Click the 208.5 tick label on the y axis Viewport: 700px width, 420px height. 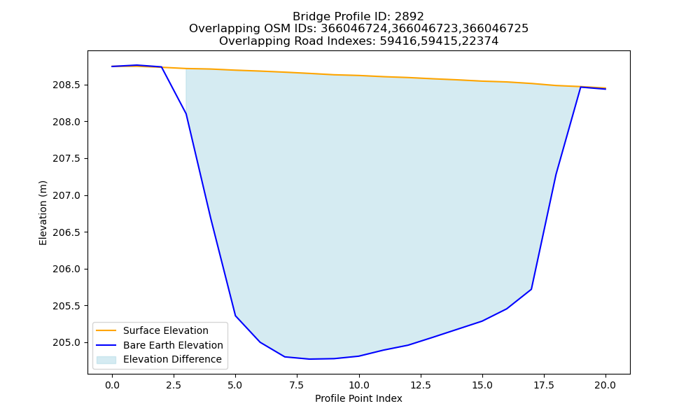[x=67, y=85]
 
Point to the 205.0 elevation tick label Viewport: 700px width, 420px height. [x=67, y=342]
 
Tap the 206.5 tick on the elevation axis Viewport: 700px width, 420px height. [x=67, y=232]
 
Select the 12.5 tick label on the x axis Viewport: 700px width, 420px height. [x=421, y=385]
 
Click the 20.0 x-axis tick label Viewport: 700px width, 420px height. [x=605, y=385]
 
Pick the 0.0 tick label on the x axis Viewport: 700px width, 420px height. [x=112, y=385]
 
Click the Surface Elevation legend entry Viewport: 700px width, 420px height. [x=166, y=330]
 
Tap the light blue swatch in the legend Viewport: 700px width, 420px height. [x=106, y=360]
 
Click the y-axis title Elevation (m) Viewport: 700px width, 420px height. [x=43, y=213]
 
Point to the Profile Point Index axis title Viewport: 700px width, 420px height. [x=358, y=398]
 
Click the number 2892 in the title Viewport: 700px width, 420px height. [x=409, y=17]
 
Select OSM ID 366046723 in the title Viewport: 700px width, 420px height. [x=425, y=29]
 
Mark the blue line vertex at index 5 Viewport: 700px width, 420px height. [x=235, y=316]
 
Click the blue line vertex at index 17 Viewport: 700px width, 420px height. [x=531, y=289]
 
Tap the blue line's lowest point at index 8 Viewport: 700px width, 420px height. [x=309, y=359]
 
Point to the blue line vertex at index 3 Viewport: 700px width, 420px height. [x=185, y=114]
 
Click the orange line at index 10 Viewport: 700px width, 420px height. [x=359, y=76]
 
